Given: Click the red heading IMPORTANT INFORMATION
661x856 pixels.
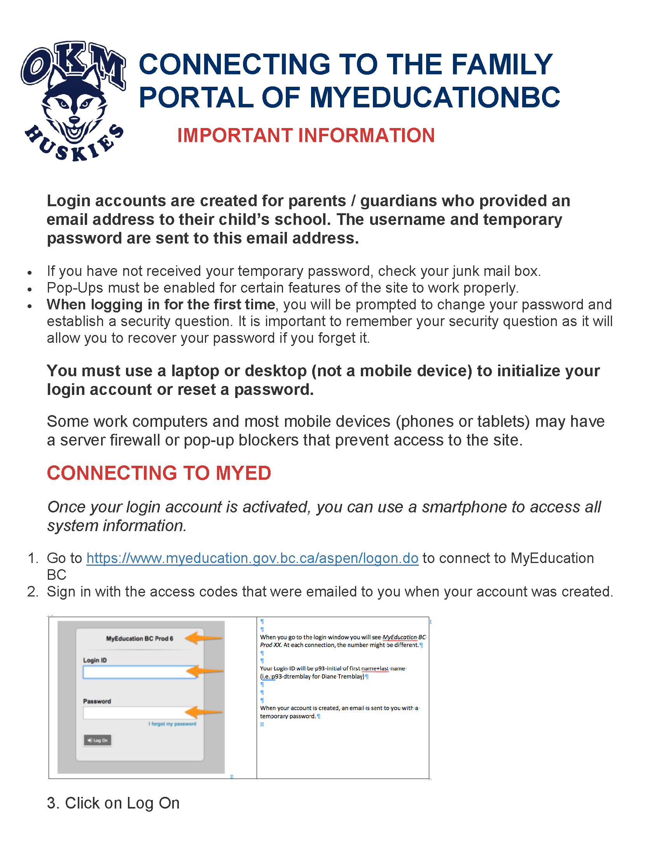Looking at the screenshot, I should (306, 136).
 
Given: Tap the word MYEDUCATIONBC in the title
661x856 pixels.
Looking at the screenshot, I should (435, 98).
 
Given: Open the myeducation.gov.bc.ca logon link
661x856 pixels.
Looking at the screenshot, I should (252, 558).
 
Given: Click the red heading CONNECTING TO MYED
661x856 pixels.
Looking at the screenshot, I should (159, 473).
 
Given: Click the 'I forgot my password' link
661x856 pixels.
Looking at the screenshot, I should (172, 724).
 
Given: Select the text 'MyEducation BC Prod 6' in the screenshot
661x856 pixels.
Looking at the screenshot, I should (140, 638).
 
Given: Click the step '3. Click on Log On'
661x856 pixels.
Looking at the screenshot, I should (113, 803).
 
